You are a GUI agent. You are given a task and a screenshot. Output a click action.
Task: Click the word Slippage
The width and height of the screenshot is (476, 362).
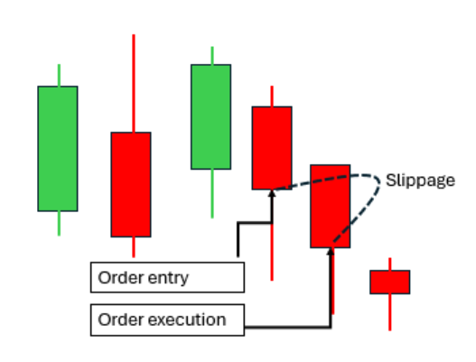coord(420,181)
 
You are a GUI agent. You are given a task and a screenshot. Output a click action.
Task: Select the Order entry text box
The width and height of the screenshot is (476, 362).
coord(168,277)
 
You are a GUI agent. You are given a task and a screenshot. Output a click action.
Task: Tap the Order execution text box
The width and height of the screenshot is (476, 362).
coord(168,320)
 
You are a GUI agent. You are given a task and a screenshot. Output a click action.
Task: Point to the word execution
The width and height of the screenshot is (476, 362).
coord(187,320)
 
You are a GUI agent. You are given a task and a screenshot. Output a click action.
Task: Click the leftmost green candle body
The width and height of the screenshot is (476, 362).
coord(58,149)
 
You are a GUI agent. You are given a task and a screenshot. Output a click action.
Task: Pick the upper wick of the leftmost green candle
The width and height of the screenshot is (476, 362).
coord(59,75)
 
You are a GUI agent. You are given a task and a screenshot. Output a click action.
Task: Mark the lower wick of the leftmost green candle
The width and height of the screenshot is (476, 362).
coord(59,223)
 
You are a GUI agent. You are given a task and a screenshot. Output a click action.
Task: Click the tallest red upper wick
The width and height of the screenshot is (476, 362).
coord(134,83)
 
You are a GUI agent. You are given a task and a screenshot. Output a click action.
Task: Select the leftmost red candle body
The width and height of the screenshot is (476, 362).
coord(131,184)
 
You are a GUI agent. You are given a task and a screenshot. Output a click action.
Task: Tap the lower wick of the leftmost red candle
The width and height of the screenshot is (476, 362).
coord(134,247)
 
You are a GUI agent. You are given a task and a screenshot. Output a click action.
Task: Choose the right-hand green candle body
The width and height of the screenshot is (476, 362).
coord(211,116)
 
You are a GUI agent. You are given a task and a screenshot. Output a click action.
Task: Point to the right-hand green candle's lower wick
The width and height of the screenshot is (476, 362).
coord(212,193)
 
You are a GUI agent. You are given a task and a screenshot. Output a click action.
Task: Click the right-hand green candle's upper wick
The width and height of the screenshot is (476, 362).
coord(212,56)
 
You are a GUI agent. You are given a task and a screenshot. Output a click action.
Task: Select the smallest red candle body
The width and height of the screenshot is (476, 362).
coord(390,283)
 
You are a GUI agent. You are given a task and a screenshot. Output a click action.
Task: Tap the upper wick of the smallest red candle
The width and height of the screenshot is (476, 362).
coord(390,264)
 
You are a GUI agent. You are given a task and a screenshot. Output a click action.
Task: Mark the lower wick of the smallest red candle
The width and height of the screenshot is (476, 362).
coord(390,312)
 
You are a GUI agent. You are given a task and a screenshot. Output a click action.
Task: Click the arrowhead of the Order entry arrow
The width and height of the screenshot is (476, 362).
coord(272,193)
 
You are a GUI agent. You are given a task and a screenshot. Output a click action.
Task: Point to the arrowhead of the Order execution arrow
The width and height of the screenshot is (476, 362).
coord(331,252)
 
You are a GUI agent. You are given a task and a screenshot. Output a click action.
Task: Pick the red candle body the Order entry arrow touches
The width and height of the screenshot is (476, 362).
coord(272,148)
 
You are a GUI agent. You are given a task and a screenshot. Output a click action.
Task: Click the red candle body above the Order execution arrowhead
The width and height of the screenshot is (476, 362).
coord(331,207)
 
